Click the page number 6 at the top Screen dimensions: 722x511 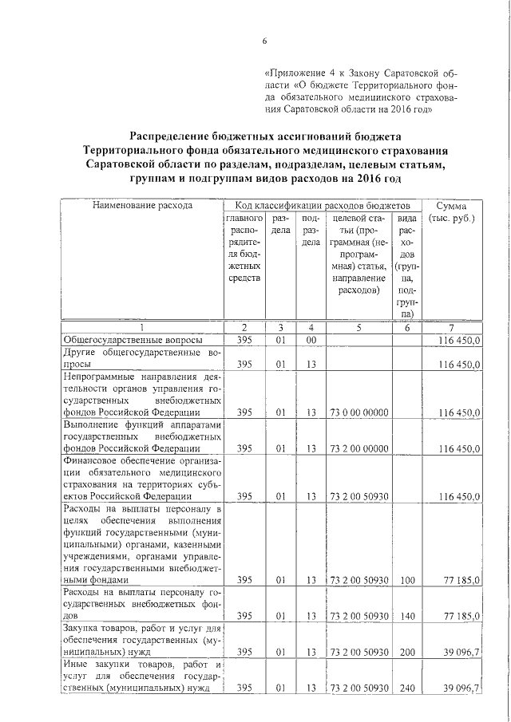[264, 41]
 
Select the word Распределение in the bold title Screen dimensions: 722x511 [170, 137]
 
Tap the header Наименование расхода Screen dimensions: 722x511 [143, 206]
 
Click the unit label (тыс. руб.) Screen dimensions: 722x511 [453, 219]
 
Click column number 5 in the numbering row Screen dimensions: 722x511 [358, 328]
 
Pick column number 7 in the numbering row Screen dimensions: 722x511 [452, 328]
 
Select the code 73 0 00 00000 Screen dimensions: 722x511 [358, 412]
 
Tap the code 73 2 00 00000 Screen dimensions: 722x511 [358, 448]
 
